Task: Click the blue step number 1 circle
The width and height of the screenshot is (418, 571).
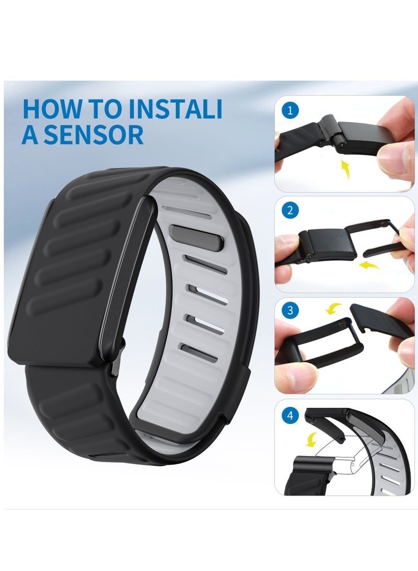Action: click(x=289, y=111)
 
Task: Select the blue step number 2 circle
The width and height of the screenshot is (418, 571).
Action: click(x=289, y=211)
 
